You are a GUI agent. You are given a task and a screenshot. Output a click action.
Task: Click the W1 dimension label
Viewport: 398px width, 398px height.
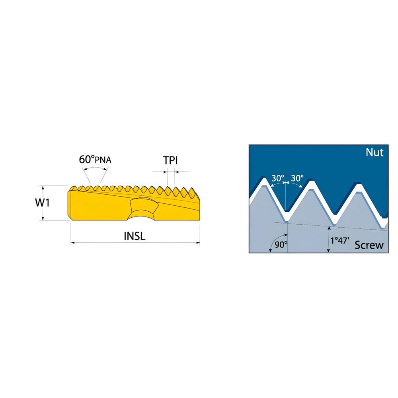pyautogui.click(x=43, y=203)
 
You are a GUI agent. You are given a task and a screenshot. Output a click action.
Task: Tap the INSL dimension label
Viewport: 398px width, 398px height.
pyautogui.click(x=135, y=236)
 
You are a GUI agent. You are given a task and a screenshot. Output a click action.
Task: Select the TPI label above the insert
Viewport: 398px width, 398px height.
pyautogui.click(x=170, y=160)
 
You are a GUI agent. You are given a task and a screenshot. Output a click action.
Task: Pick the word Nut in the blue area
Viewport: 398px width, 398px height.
pyautogui.click(x=375, y=152)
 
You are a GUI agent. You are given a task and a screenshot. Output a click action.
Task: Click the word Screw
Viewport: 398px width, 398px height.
pyautogui.click(x=369, y=245)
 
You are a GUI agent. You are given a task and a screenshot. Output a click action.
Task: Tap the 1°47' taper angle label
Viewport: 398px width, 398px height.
pyautogui.click(x=339, y=241)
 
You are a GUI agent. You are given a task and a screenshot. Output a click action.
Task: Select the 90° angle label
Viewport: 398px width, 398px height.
pyautogui.click(x=281, y=245)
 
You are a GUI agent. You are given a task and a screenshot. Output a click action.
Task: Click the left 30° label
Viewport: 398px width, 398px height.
pyautogui.click(x=278, y=178)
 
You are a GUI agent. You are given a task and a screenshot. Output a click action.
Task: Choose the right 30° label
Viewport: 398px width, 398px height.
pyautogui.click(x=297, y=178)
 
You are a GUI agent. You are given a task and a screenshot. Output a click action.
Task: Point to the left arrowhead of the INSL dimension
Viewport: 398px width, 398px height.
pyautogui.click(x=72, y=243)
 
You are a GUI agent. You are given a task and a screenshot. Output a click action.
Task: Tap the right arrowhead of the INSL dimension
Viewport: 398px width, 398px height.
pyautogui.click(x=198, y=243)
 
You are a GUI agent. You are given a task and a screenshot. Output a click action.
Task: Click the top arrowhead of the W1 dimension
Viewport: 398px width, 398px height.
pyautogui.click(x=43, y=188)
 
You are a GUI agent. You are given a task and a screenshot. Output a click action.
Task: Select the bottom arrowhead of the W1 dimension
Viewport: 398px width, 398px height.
pyautogui.click(x=43, y=218)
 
